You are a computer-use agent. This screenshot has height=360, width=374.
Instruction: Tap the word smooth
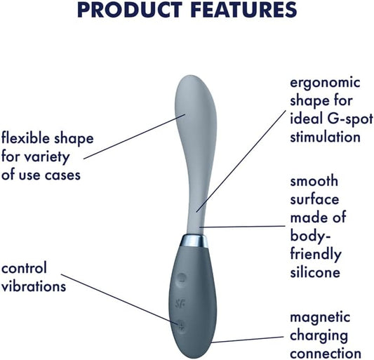coord(312,181)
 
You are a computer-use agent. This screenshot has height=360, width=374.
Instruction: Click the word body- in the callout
coord(308,235)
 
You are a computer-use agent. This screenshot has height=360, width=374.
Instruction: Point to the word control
coord(25,269)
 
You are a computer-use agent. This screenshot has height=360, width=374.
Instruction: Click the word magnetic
coord(322,319)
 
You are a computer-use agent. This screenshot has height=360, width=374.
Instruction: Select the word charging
coord(319,336)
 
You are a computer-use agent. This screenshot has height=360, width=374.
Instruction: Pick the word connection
coord(326,354)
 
